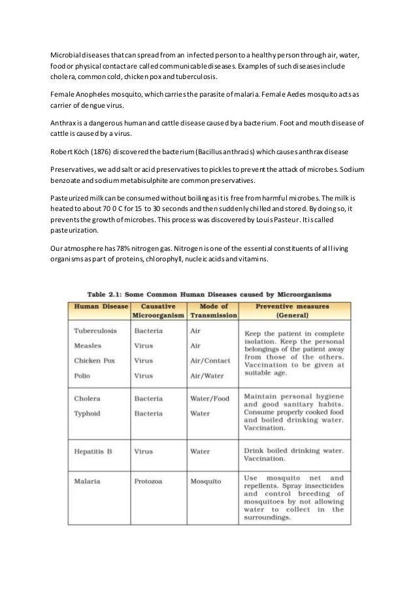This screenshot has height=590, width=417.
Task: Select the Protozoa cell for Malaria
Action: (x=148, y=481)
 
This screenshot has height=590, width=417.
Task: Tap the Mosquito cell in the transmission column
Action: (x=205, y=481)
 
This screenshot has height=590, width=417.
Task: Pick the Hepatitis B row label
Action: (x=95, y=451)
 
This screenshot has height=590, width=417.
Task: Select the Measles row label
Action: (x=88, y=345)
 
